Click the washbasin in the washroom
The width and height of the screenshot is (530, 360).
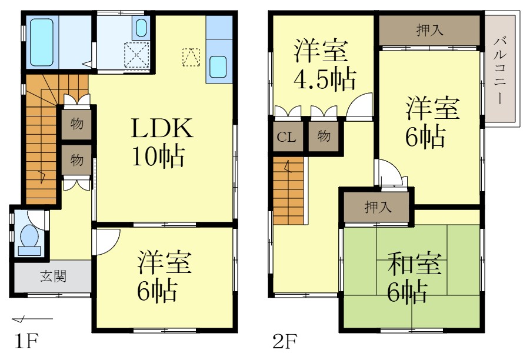(x=141, y=27)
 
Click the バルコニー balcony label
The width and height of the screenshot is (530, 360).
(x=501, y=69)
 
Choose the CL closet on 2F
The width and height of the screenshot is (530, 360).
(x=286, y=137)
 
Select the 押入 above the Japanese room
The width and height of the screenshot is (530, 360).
(x=376, y=207)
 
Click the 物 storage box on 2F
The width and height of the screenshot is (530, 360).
(x=324, y=137)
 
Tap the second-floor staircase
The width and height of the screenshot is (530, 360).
(x=288, y=188)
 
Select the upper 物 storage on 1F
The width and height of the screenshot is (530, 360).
(x=76, y=124)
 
